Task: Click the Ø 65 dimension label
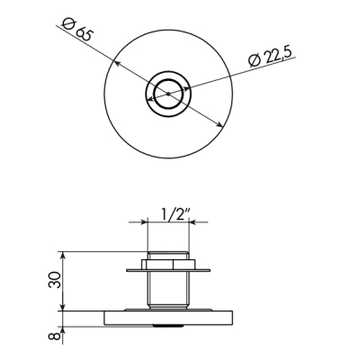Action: (76, 29)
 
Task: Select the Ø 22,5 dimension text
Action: (270, 56)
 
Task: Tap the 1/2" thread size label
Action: (176, 215)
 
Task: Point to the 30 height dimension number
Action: (54, 280)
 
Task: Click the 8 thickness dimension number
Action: (54, 336)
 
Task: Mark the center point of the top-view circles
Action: (168, 94)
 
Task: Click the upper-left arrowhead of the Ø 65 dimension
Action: (116, 63)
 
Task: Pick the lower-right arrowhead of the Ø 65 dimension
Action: (219, 124)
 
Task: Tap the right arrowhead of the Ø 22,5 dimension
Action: (186, 89)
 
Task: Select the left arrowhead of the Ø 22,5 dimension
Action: (150, 99)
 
